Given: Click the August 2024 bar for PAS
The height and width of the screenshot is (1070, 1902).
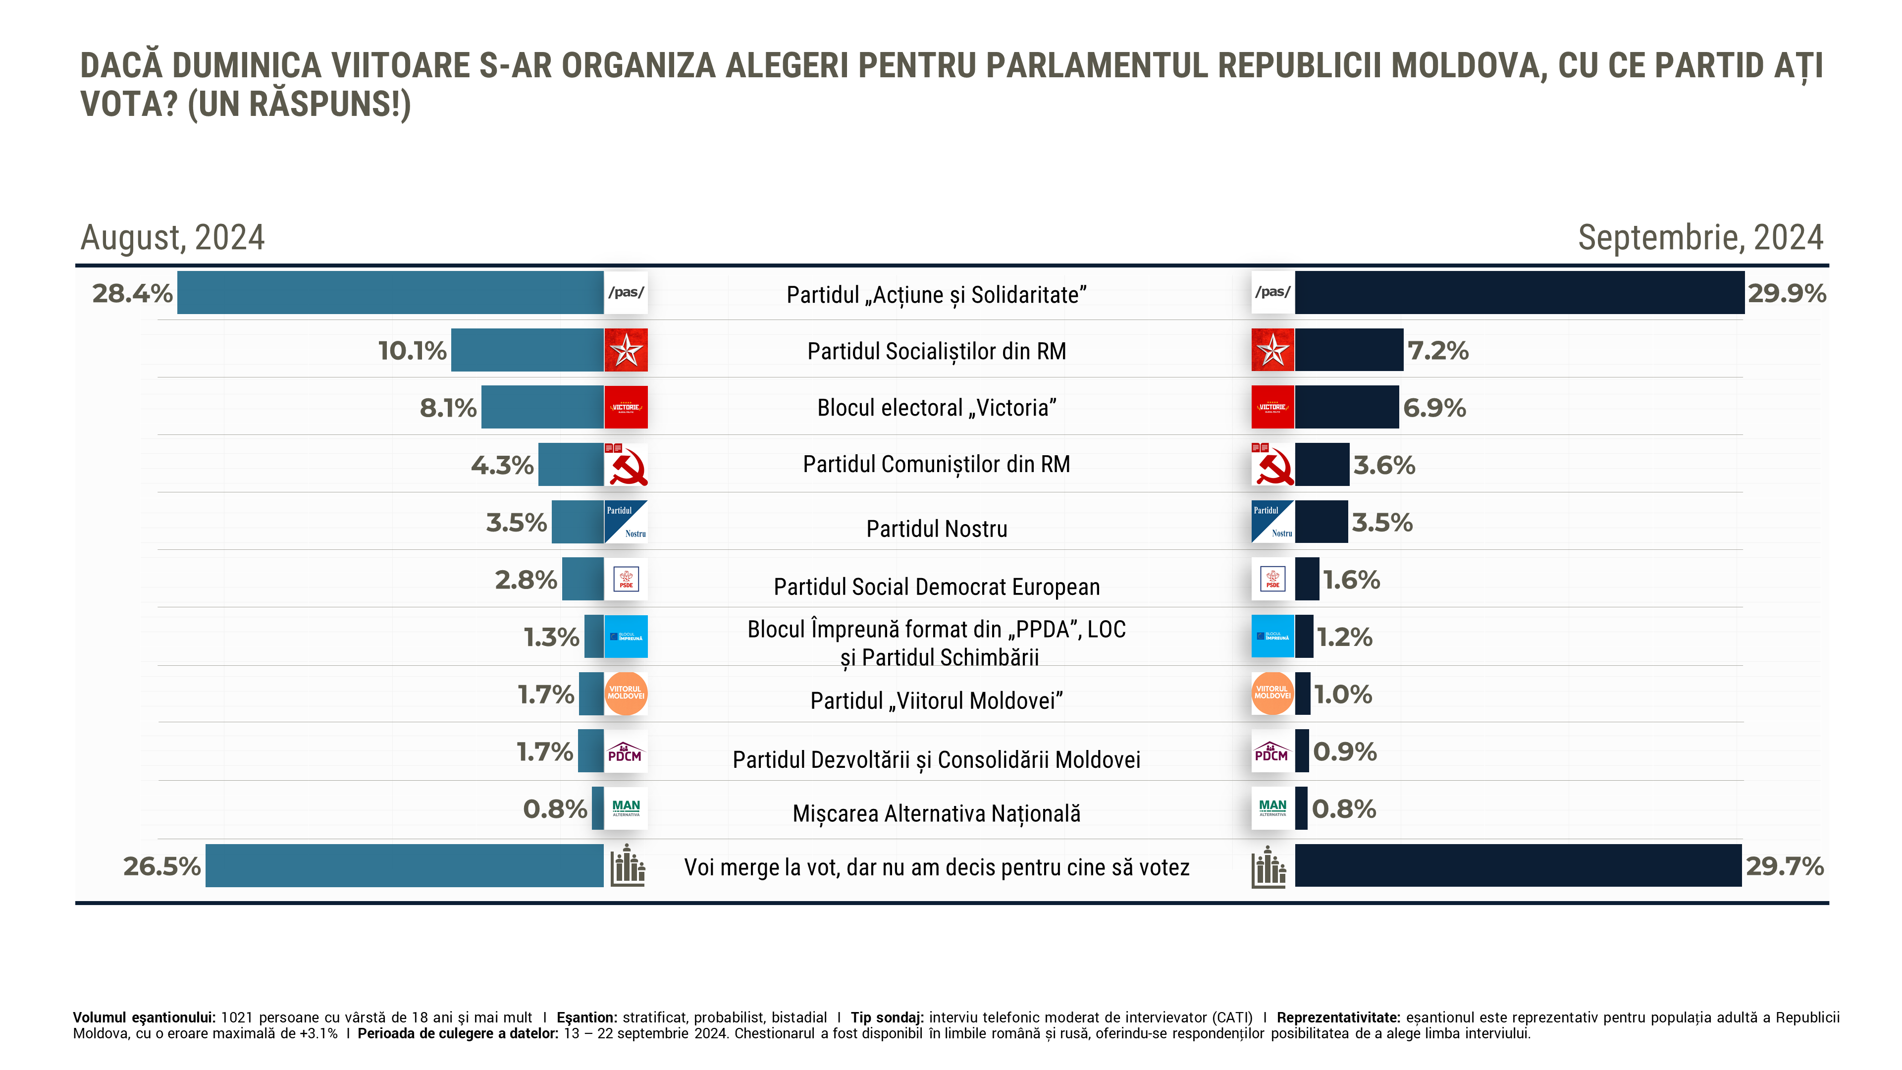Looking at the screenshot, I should pos(390,292).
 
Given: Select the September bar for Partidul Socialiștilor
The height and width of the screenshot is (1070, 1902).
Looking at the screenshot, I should pos(1348,350).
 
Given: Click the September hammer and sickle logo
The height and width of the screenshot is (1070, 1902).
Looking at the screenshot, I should pos(1272,465).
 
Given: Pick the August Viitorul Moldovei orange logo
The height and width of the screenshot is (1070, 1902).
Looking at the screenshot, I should pos(626,694).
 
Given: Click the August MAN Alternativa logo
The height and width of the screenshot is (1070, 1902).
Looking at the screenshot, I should pos(626,808).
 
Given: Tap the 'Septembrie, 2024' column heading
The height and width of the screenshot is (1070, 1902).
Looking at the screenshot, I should pos(1700,238).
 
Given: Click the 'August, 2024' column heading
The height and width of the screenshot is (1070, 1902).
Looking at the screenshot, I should pos(172,238).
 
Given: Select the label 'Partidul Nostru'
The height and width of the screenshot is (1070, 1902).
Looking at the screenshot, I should pos(936,529).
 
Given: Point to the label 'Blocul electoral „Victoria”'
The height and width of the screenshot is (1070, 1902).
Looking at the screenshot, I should pos(936,408).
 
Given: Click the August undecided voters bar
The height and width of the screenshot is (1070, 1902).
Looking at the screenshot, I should pos(404,865).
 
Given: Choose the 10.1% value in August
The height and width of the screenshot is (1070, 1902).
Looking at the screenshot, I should pos(412,350).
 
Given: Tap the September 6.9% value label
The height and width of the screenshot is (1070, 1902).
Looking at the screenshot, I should pos(1434,408).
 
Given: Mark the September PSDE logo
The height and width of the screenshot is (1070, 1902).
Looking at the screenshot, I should pos(1272,579).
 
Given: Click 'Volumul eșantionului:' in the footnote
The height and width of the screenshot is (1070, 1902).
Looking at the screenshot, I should pos(144,1017).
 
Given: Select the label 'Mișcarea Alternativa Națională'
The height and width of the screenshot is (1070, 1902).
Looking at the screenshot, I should pos(936,813).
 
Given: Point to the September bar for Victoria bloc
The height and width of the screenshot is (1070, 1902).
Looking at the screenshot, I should pos(1346,407).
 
